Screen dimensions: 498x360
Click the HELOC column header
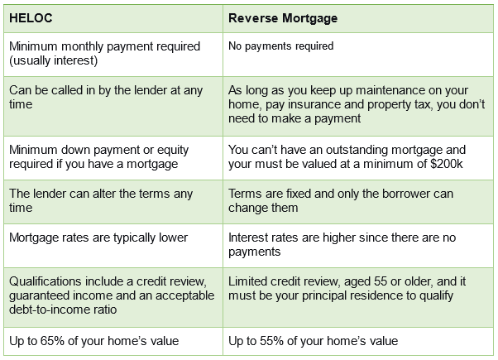pyautogui.click(x=31, y=18)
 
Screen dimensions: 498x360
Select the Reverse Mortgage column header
pyautogui.click(x=283, y=18)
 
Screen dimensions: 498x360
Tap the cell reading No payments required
pyautogui.click(x=280, y=46)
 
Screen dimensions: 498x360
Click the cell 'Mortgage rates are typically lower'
pyautogui.click(x=98, y=238)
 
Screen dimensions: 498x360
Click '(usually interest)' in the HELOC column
pyautogui.click(x=53, y=60)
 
